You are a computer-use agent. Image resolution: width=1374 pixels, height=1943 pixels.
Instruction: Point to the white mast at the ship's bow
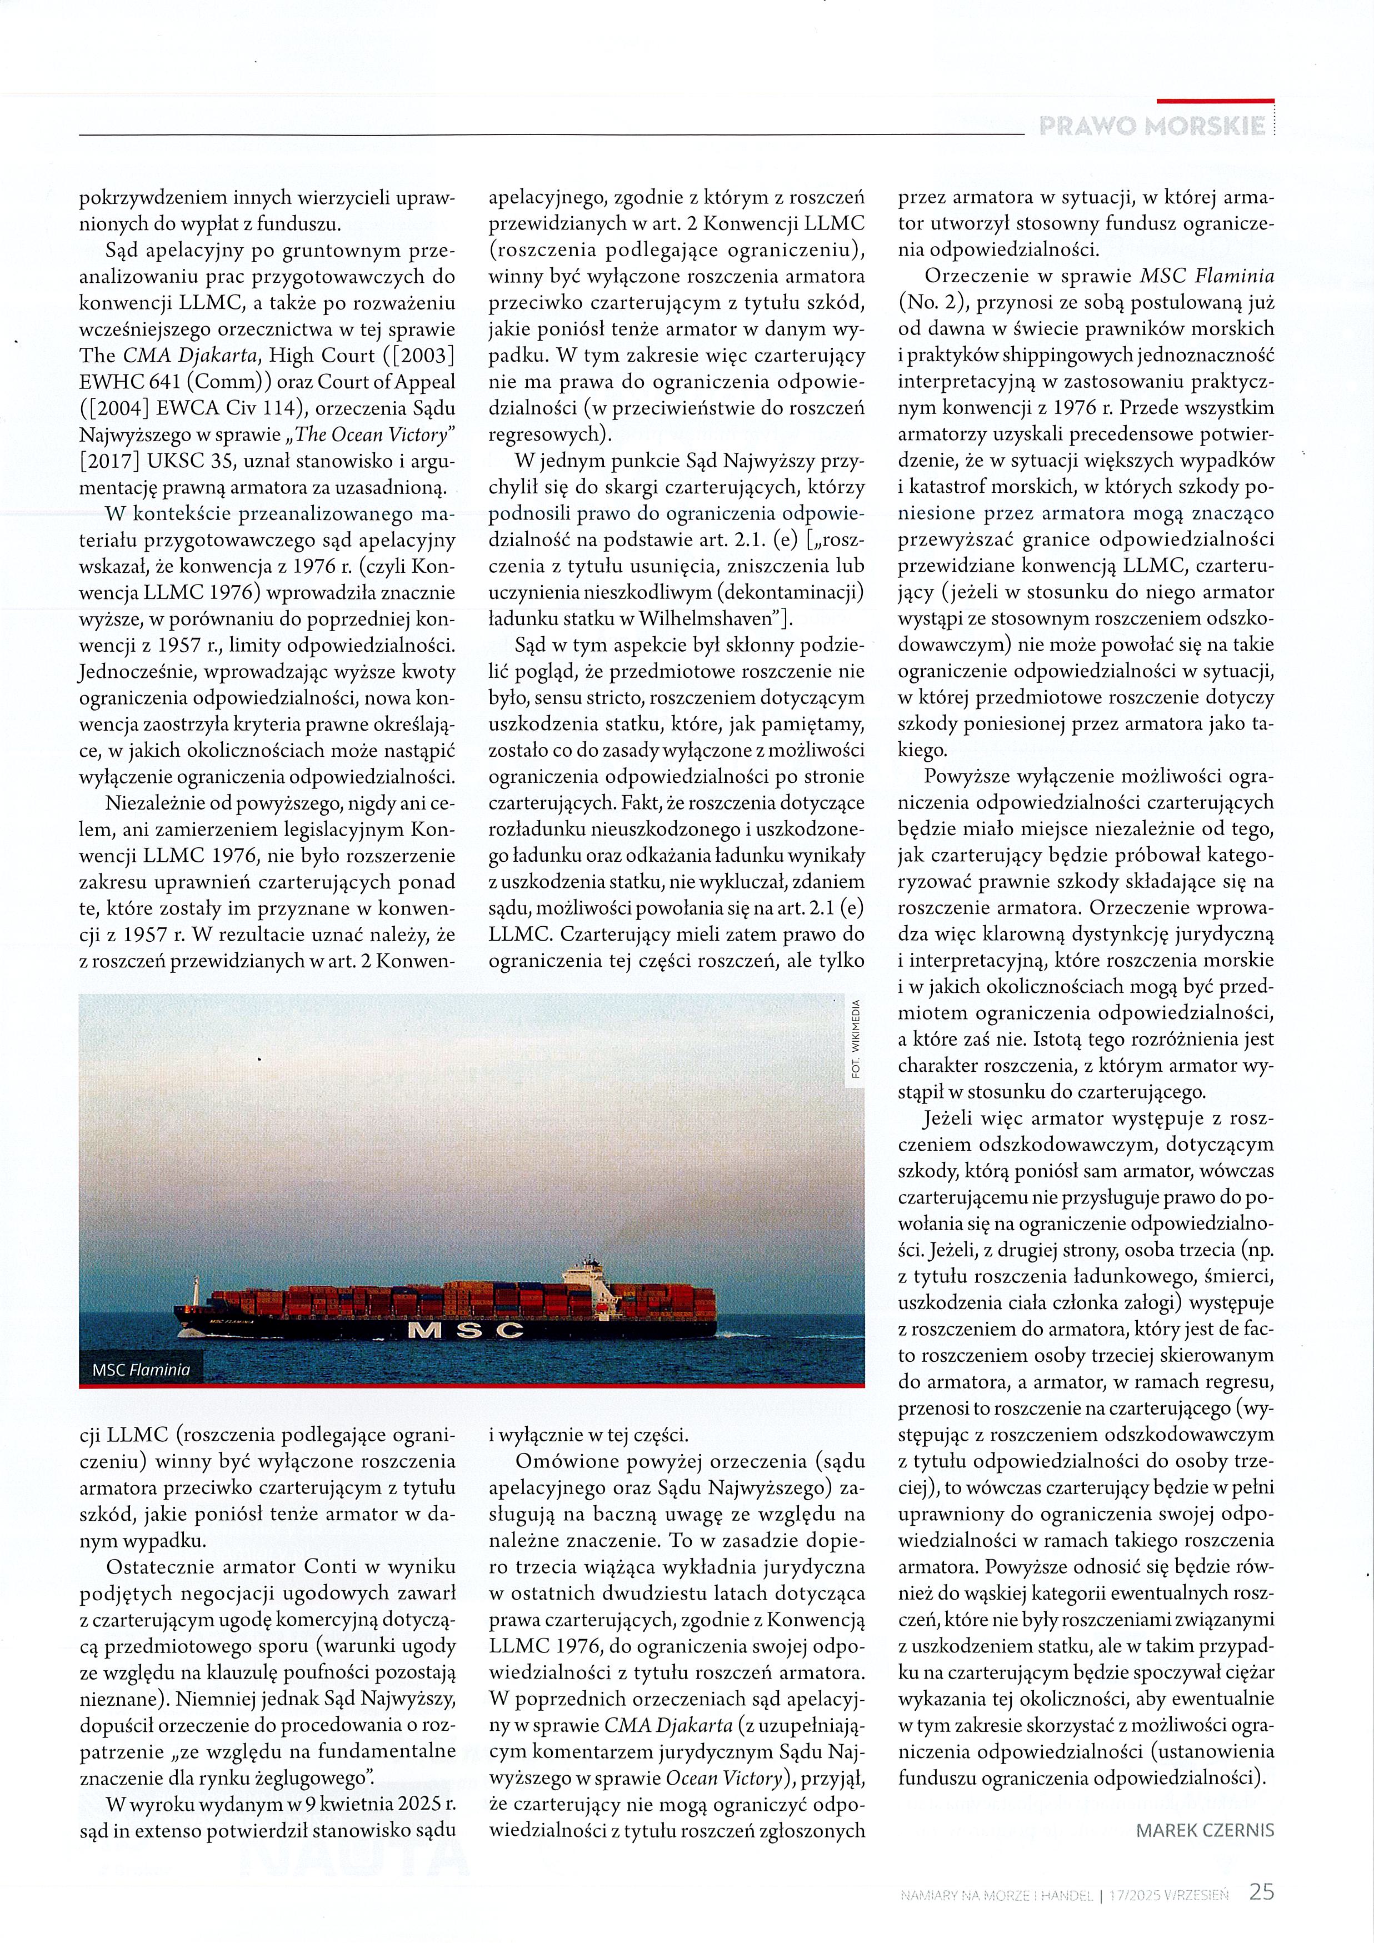point(196,1287)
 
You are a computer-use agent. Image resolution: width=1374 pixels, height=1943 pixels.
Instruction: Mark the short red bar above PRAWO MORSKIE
point(1215,101)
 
